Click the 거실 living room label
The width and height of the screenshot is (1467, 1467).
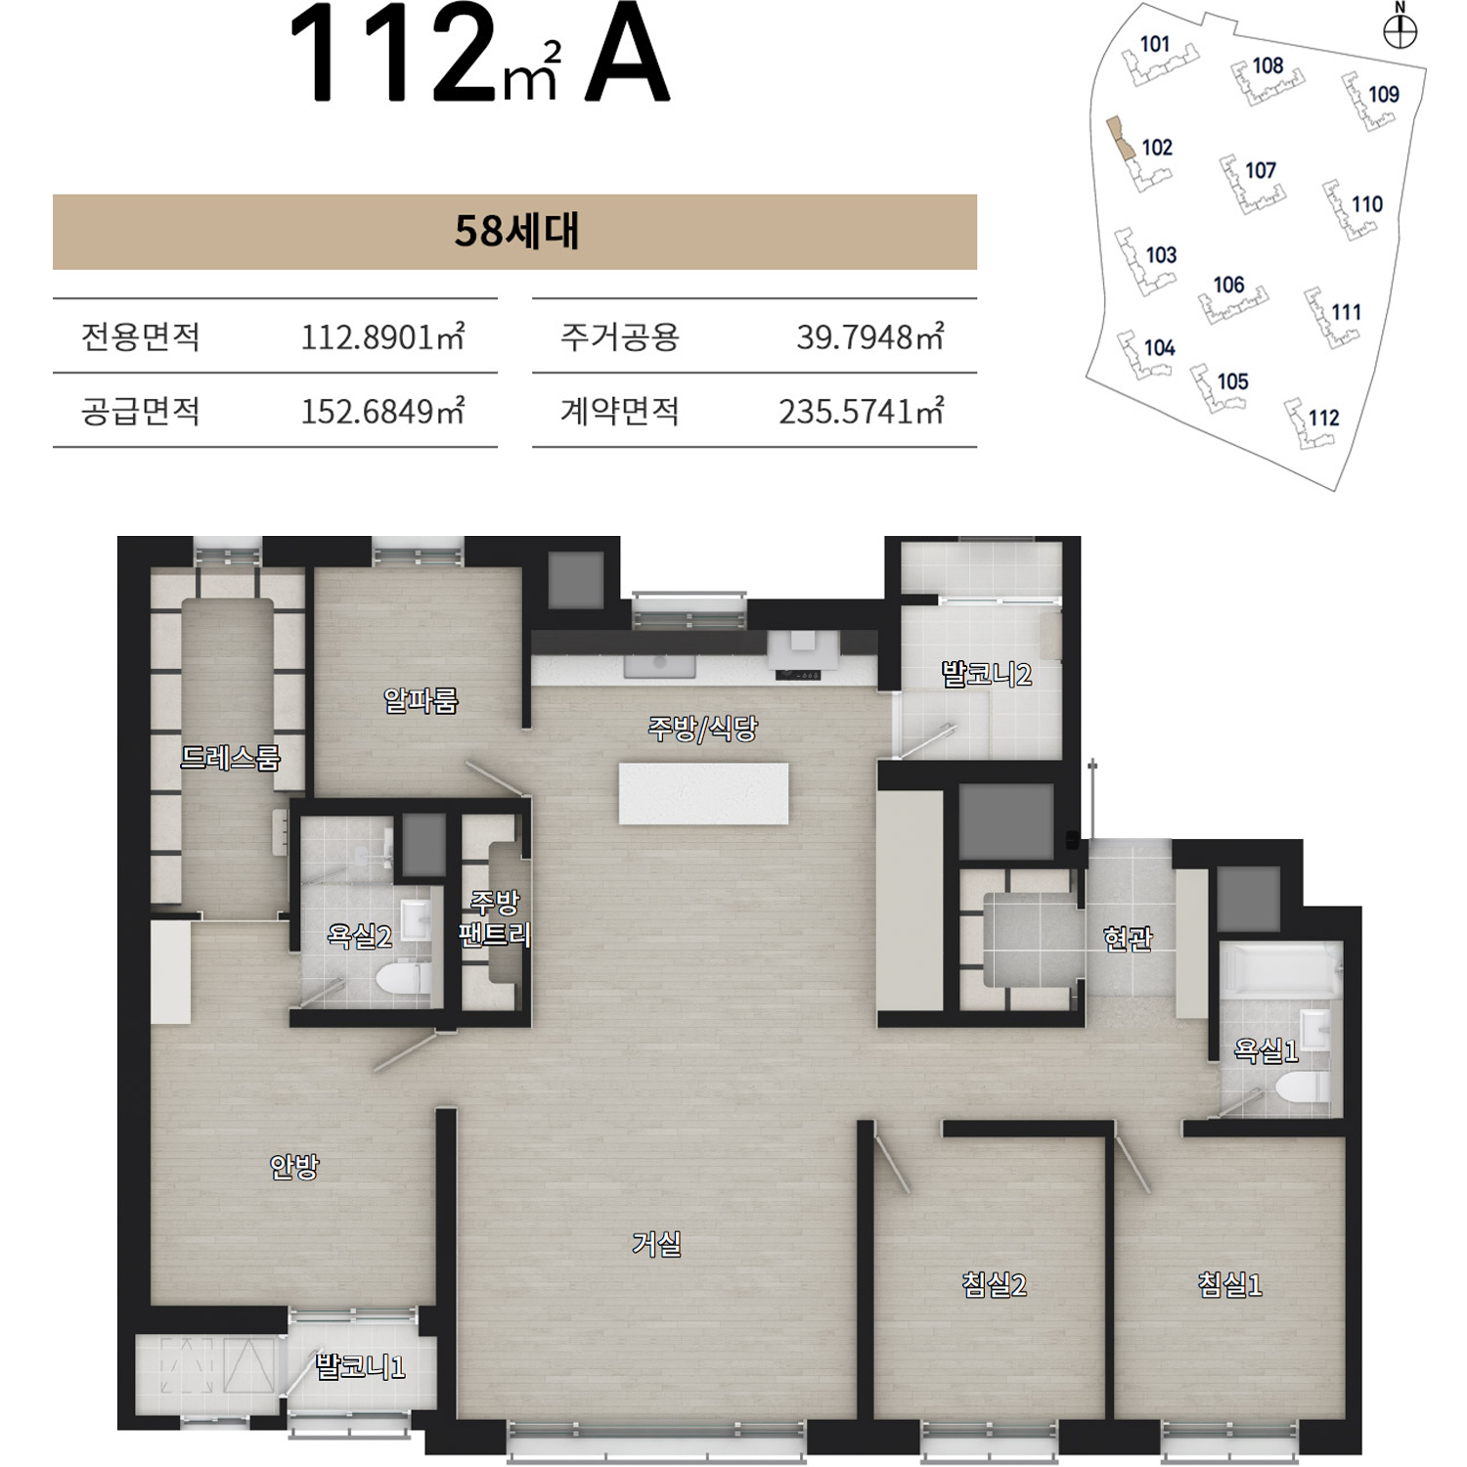[x=656, y=1243]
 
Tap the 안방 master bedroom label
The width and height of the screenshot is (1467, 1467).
[x=293, y=1165]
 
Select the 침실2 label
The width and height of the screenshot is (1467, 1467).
[x=994, y=1283]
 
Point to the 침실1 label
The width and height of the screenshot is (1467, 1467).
[x=1229, y=1283]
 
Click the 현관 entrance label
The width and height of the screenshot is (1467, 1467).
[x=1128, y=939]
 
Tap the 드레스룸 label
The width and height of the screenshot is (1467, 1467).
[x=230, y=757]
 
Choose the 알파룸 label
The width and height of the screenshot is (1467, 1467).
[x=421, y=699]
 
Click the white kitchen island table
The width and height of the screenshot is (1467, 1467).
[x=703, y=793]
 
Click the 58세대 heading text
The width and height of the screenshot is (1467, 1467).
[x=516, y=232]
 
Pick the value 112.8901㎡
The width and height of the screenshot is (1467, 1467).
[x=382, y=336]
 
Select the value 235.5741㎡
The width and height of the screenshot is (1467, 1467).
[x=861, y=411]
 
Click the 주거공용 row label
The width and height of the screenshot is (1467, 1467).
[x=619, y=336]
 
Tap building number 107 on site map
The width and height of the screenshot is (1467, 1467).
[x=1261, y=170]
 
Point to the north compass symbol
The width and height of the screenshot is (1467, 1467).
[x=1400, y=32]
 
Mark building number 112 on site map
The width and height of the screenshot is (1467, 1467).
[x=1323, y=418]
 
